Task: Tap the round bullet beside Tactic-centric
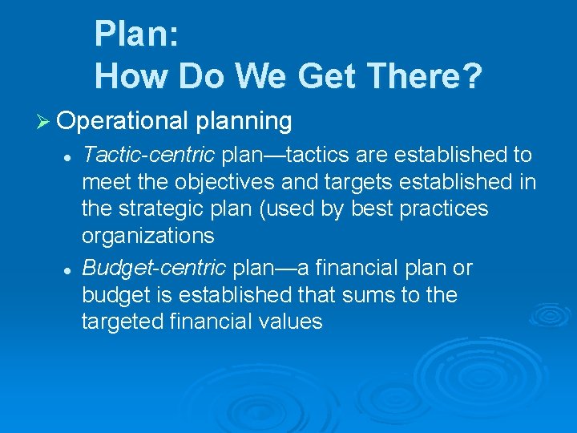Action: click(70, 155)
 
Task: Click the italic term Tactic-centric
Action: click(150, 154)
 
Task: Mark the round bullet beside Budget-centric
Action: click(70, 269)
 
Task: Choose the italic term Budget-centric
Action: click(150, 268)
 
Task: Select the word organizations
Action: click(148, 236)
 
